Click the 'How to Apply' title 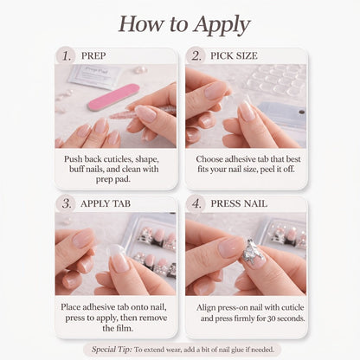pyautogui.click(x=184, y=24)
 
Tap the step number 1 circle pyautogui.click(x=66, y=55)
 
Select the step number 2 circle pyautogui.click(x=196, y=55)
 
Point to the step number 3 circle pyautogui.click(x=66, y=203)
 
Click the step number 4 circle pyautogui.click(x=196, y=203)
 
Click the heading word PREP pyautogui.click(x=93, y=55)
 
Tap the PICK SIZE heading pyautogui.click(x=234, y=55)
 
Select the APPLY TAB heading pyautogui.click(x=106, y=203)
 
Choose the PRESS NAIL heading pyautogui.click(x=239, y=203)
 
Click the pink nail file pyautogui.click(x=113, y=97)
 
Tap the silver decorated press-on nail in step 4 pyautogui.click(x=254, y=252)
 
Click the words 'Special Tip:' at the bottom pyautogui.click(x=112, y=350)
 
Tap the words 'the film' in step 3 pyautogui.click(x=118, y=328)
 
